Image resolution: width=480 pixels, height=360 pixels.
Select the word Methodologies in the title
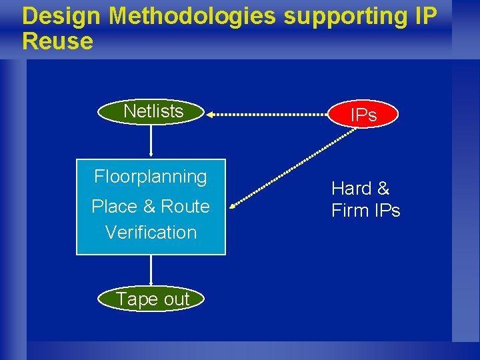(x=193, y=16)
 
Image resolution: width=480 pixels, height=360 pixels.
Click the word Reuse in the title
(x=57, y=41)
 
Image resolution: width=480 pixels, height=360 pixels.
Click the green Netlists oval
(x=152, y=111)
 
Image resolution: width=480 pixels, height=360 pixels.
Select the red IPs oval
(x=363, y=115)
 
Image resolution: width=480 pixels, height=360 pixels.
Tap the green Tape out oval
(x=152, y=299)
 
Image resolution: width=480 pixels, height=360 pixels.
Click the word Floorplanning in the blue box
(x=151, y=177)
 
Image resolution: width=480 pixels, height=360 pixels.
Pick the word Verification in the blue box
(x=151, y=233)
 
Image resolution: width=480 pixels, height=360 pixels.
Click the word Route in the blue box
(x=185, y=207)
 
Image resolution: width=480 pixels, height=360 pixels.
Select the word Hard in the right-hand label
(x=351, y=189)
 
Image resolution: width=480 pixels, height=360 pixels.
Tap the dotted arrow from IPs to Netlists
(x=270, y=115)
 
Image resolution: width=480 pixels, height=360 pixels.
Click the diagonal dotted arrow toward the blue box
(x=293, y=167)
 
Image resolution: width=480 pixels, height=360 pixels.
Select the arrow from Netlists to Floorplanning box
(x=152, y=141)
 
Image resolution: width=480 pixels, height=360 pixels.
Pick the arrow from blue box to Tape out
(x=152, y=272)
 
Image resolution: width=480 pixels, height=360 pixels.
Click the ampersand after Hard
(x=383, y=189)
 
